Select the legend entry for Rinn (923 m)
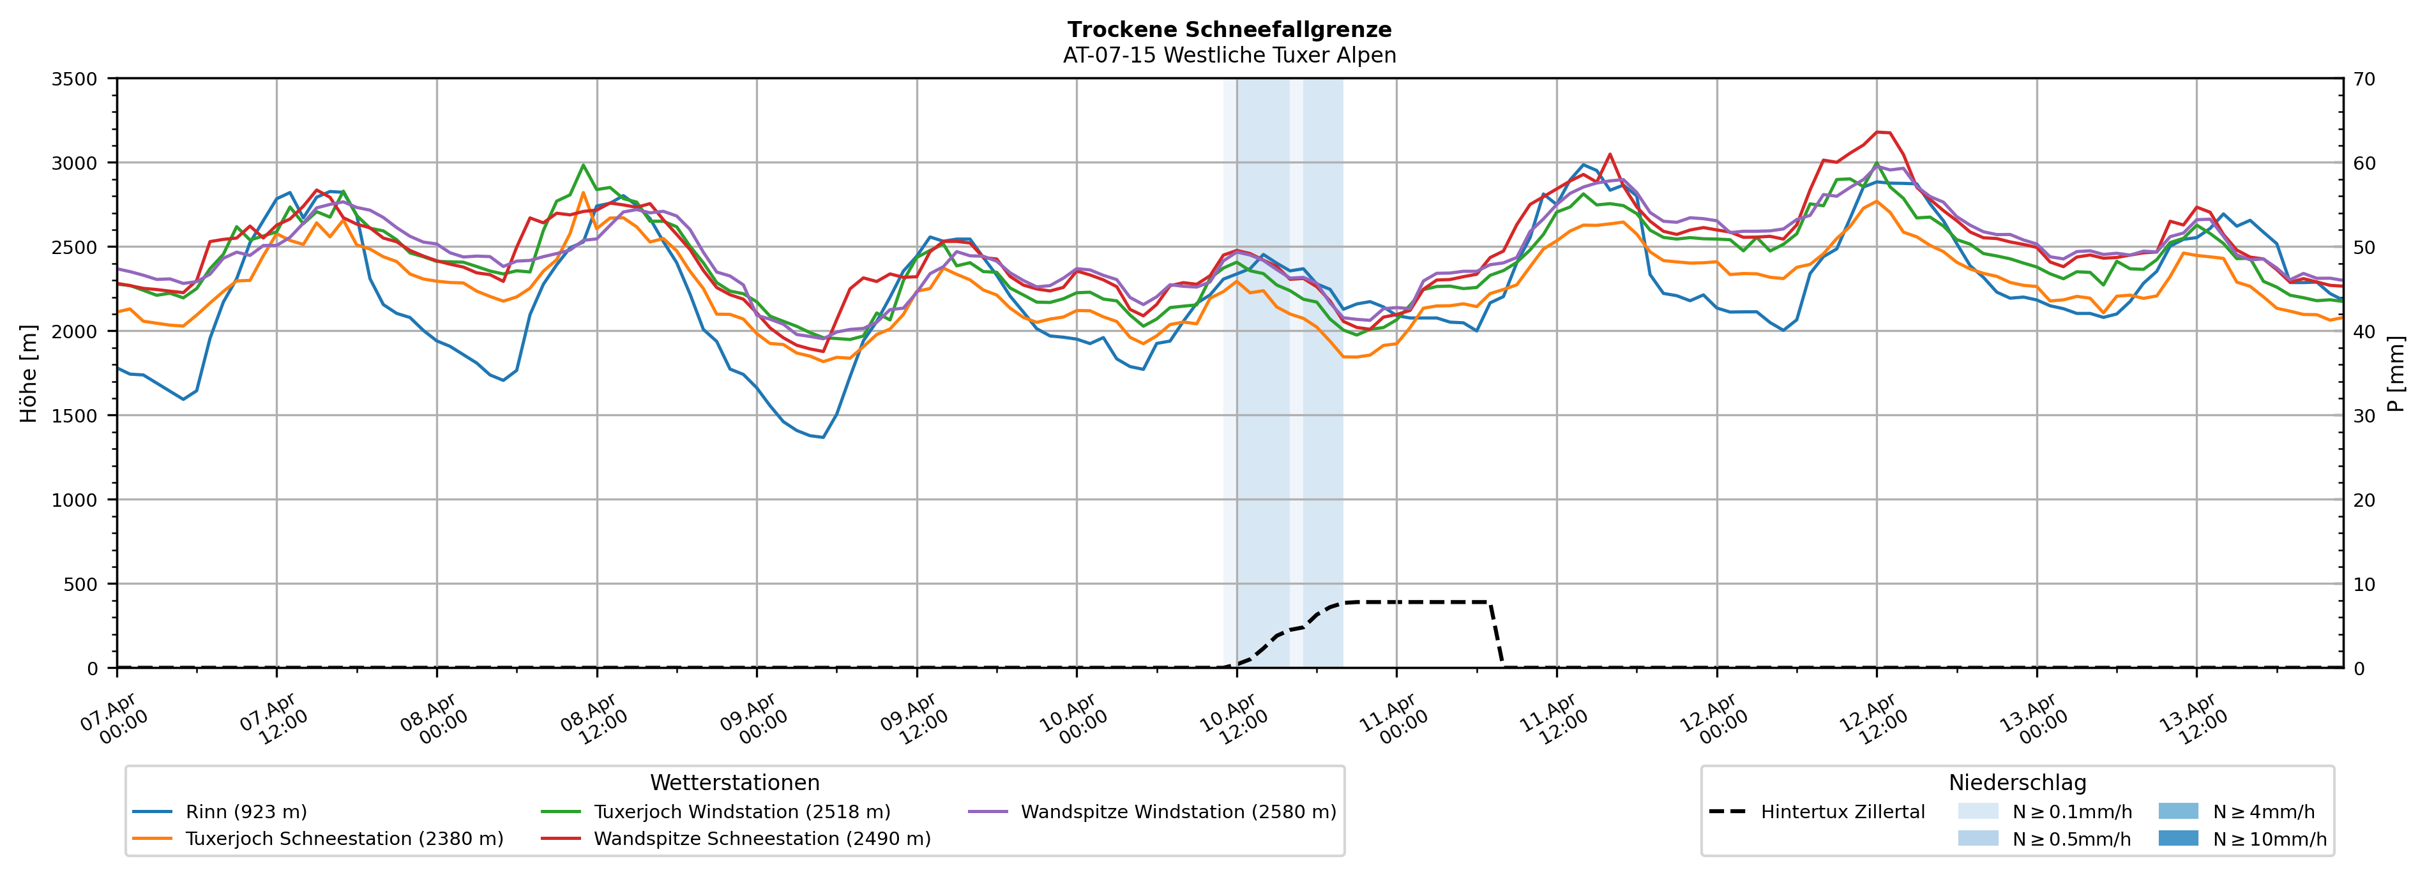[x=246, y=812]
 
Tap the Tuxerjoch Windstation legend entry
[x=741, y=812]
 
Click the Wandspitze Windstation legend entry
[x=1177, y=812]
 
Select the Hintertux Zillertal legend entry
[x=1842, y=812]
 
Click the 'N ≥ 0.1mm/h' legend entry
[x=2071, y=812]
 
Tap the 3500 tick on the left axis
[x=75, y=79]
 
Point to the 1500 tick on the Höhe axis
[x=75, y=415]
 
